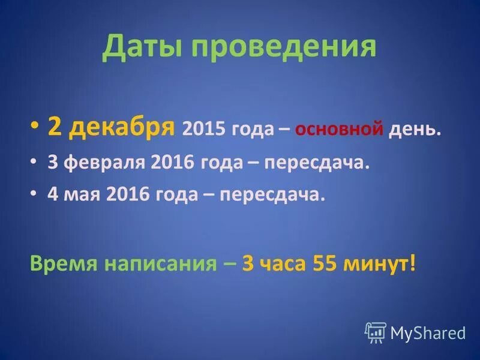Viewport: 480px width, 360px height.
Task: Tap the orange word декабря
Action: (x=124, y=128)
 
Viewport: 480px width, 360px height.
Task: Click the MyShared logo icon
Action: (x=375, y=332)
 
